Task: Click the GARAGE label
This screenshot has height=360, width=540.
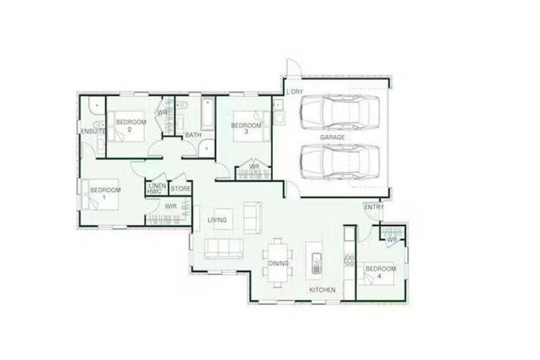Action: pos(333,138)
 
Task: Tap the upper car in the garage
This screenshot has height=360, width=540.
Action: pos(340,111)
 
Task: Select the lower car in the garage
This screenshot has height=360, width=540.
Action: pos(340,162)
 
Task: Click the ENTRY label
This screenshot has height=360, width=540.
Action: pos(373,207)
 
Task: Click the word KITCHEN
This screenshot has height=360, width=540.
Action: pos(323,290)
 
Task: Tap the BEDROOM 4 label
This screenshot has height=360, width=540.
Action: pos(380,273)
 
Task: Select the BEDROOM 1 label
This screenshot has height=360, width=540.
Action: pos(105,193)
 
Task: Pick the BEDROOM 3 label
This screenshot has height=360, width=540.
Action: pos(245,129)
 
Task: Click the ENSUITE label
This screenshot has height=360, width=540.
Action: pos(93,132)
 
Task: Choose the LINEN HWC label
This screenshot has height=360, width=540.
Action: pos(154,188)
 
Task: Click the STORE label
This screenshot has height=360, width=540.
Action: pos(180,188)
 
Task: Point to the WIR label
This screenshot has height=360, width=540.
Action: pos(170,207)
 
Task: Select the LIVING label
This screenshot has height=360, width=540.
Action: pos(217,221)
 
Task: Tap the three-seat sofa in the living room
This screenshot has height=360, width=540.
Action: pos(224,249)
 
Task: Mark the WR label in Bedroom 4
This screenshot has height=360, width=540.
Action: pos(392,239)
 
